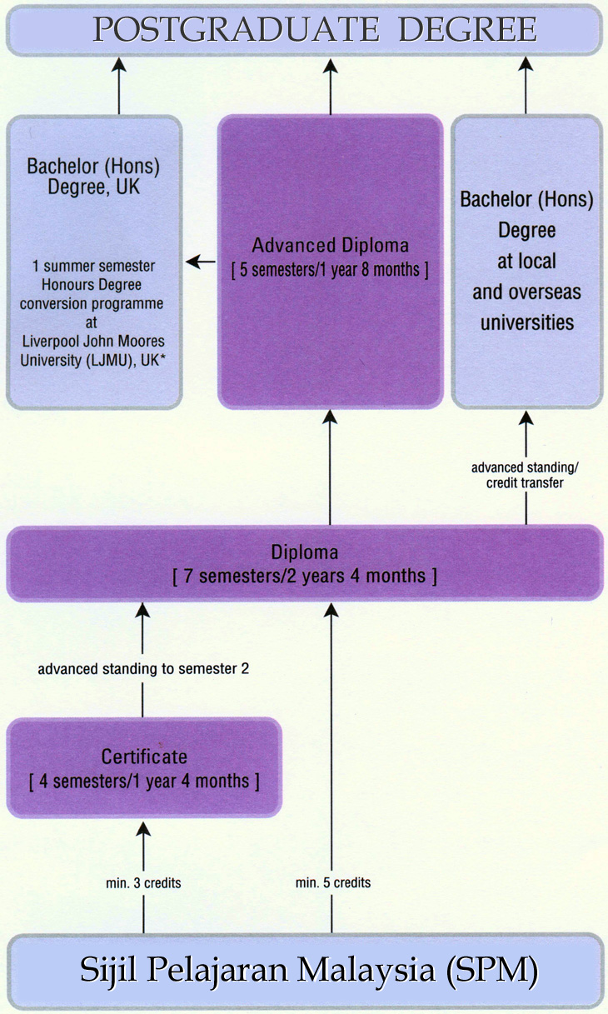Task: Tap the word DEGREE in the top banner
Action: (x=467, y=30)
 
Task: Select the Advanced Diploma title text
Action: (x=331, y=246)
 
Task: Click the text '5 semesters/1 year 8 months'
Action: (x=331, y=269)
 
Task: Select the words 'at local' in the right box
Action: (x=526, y=261)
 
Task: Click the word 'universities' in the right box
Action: (x=526, y=322)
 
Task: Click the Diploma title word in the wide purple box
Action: (x=304, y=552)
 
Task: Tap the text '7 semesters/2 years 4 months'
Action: (x=304, y=576)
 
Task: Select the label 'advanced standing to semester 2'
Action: (x=143, y=668)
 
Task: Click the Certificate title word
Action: (x=144, y=757)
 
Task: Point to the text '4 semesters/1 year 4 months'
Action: (x=144, y=782)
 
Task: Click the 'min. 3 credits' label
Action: (x=144, y=882)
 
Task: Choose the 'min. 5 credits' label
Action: (x=333, y=882)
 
